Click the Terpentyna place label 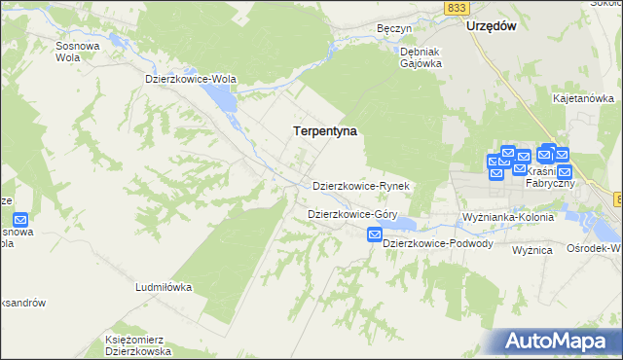[x=325, y=129]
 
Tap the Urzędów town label [x=490, y=26]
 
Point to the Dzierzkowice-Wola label [x=191, y=79]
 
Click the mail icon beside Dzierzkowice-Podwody [x=375, y=234]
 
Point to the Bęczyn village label [x=395, y=29]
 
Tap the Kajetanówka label [x=583, y=98]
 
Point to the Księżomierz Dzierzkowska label [x=138, y=345]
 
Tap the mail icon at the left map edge [x=21, y=221]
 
